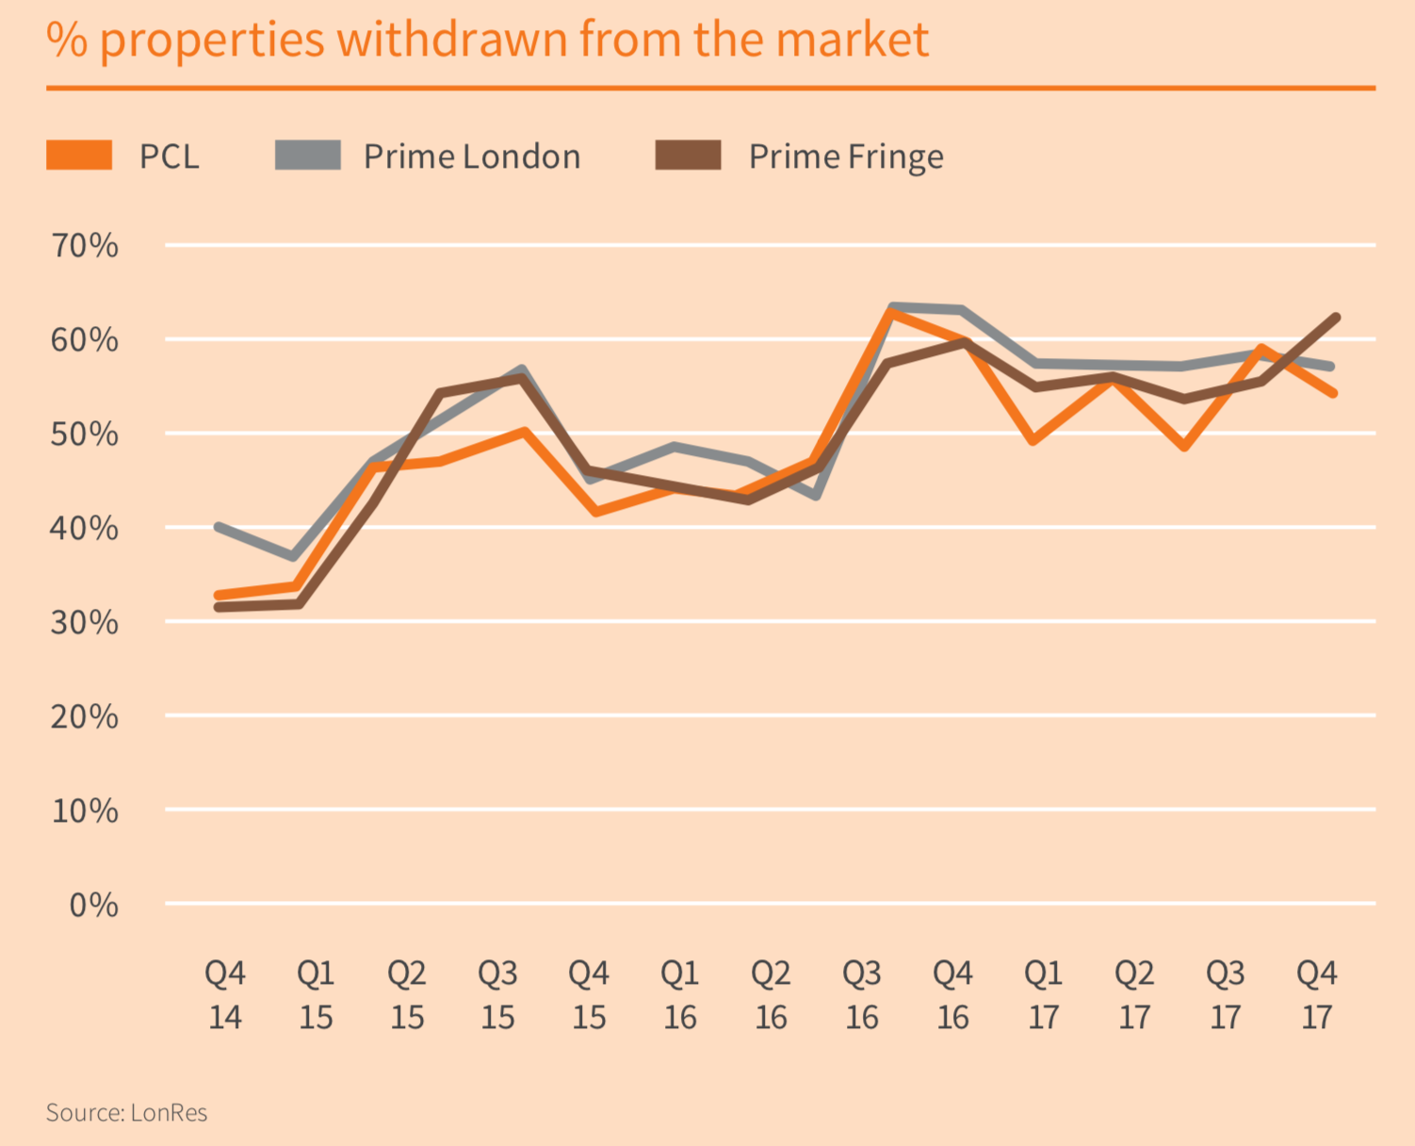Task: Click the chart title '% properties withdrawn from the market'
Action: [x=488, y=40]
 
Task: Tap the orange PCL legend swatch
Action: [x=79, y=156]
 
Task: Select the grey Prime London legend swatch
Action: [x=308, y=156]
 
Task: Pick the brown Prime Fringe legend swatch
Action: [x=688, y=156]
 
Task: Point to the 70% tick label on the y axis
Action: [x=85, y=246]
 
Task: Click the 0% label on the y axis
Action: [x=94, y=905]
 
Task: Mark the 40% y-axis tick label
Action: [x=85, y=528]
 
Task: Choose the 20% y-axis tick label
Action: [x=85, y=716]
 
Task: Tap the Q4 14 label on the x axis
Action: [x=225, y=995]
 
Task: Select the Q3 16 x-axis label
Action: [x=862, y=995]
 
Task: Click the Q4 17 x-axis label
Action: [x=1316, y=995]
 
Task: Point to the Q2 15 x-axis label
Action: [x=407, y=995]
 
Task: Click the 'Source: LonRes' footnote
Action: [x=126, y=1113]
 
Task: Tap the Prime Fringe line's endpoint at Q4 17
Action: [x=1335, y=318]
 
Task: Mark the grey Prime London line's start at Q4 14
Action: [x=219, y=527]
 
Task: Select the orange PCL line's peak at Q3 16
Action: [x=889, y=312]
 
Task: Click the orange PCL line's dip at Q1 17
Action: [x=1034, y=440]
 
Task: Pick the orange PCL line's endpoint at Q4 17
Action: [x=1333, y=392]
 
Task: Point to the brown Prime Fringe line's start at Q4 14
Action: [x=219, y=607]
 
